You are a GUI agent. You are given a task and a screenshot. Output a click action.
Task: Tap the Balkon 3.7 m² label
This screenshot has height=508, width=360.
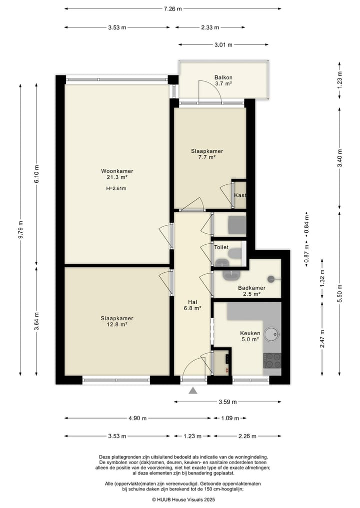[x=223, y=80]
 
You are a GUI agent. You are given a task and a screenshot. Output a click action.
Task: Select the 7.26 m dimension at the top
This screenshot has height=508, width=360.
[x=173, y=9]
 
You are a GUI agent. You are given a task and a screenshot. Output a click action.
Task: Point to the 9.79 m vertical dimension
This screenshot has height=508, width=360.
[x=20, y=229]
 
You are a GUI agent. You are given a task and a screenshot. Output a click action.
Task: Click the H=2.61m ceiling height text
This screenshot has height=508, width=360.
[x=116, y=188]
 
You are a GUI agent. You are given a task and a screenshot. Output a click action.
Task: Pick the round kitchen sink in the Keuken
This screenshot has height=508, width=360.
[x=271, y=333]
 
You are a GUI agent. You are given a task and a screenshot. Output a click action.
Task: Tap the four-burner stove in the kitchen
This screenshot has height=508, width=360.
[x=272, y=361]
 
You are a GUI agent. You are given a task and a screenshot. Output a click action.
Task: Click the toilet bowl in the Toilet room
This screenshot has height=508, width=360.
[x=235, y=253]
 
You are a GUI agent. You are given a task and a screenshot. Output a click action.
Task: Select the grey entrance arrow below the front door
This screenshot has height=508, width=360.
[x=193, y=391]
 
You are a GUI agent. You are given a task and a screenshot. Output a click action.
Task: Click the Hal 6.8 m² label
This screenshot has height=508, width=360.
[x=192, y=305]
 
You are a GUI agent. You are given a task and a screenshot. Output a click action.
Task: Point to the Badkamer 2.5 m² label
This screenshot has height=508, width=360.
[x=251, y=291]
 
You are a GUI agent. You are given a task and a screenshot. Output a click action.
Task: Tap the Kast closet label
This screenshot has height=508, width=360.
[x=240, y=195]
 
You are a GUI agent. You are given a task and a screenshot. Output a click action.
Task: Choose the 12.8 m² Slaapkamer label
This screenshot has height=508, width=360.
[x=117, y=321]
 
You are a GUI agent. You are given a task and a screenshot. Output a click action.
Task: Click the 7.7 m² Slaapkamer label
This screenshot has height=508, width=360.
[x=207, y=154]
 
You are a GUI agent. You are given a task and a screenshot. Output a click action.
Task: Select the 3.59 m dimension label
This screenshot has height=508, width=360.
[x=227, y=402]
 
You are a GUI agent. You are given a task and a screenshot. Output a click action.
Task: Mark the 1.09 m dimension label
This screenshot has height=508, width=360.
[x=230, y=418]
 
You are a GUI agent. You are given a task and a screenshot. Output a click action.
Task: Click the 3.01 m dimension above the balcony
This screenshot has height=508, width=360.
[x=223, y=45]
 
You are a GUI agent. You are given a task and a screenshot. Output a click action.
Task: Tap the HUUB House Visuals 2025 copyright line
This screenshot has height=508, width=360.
[x=183, y=500]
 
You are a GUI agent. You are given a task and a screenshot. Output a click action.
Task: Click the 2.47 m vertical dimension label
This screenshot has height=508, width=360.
[x=322, y=339]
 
